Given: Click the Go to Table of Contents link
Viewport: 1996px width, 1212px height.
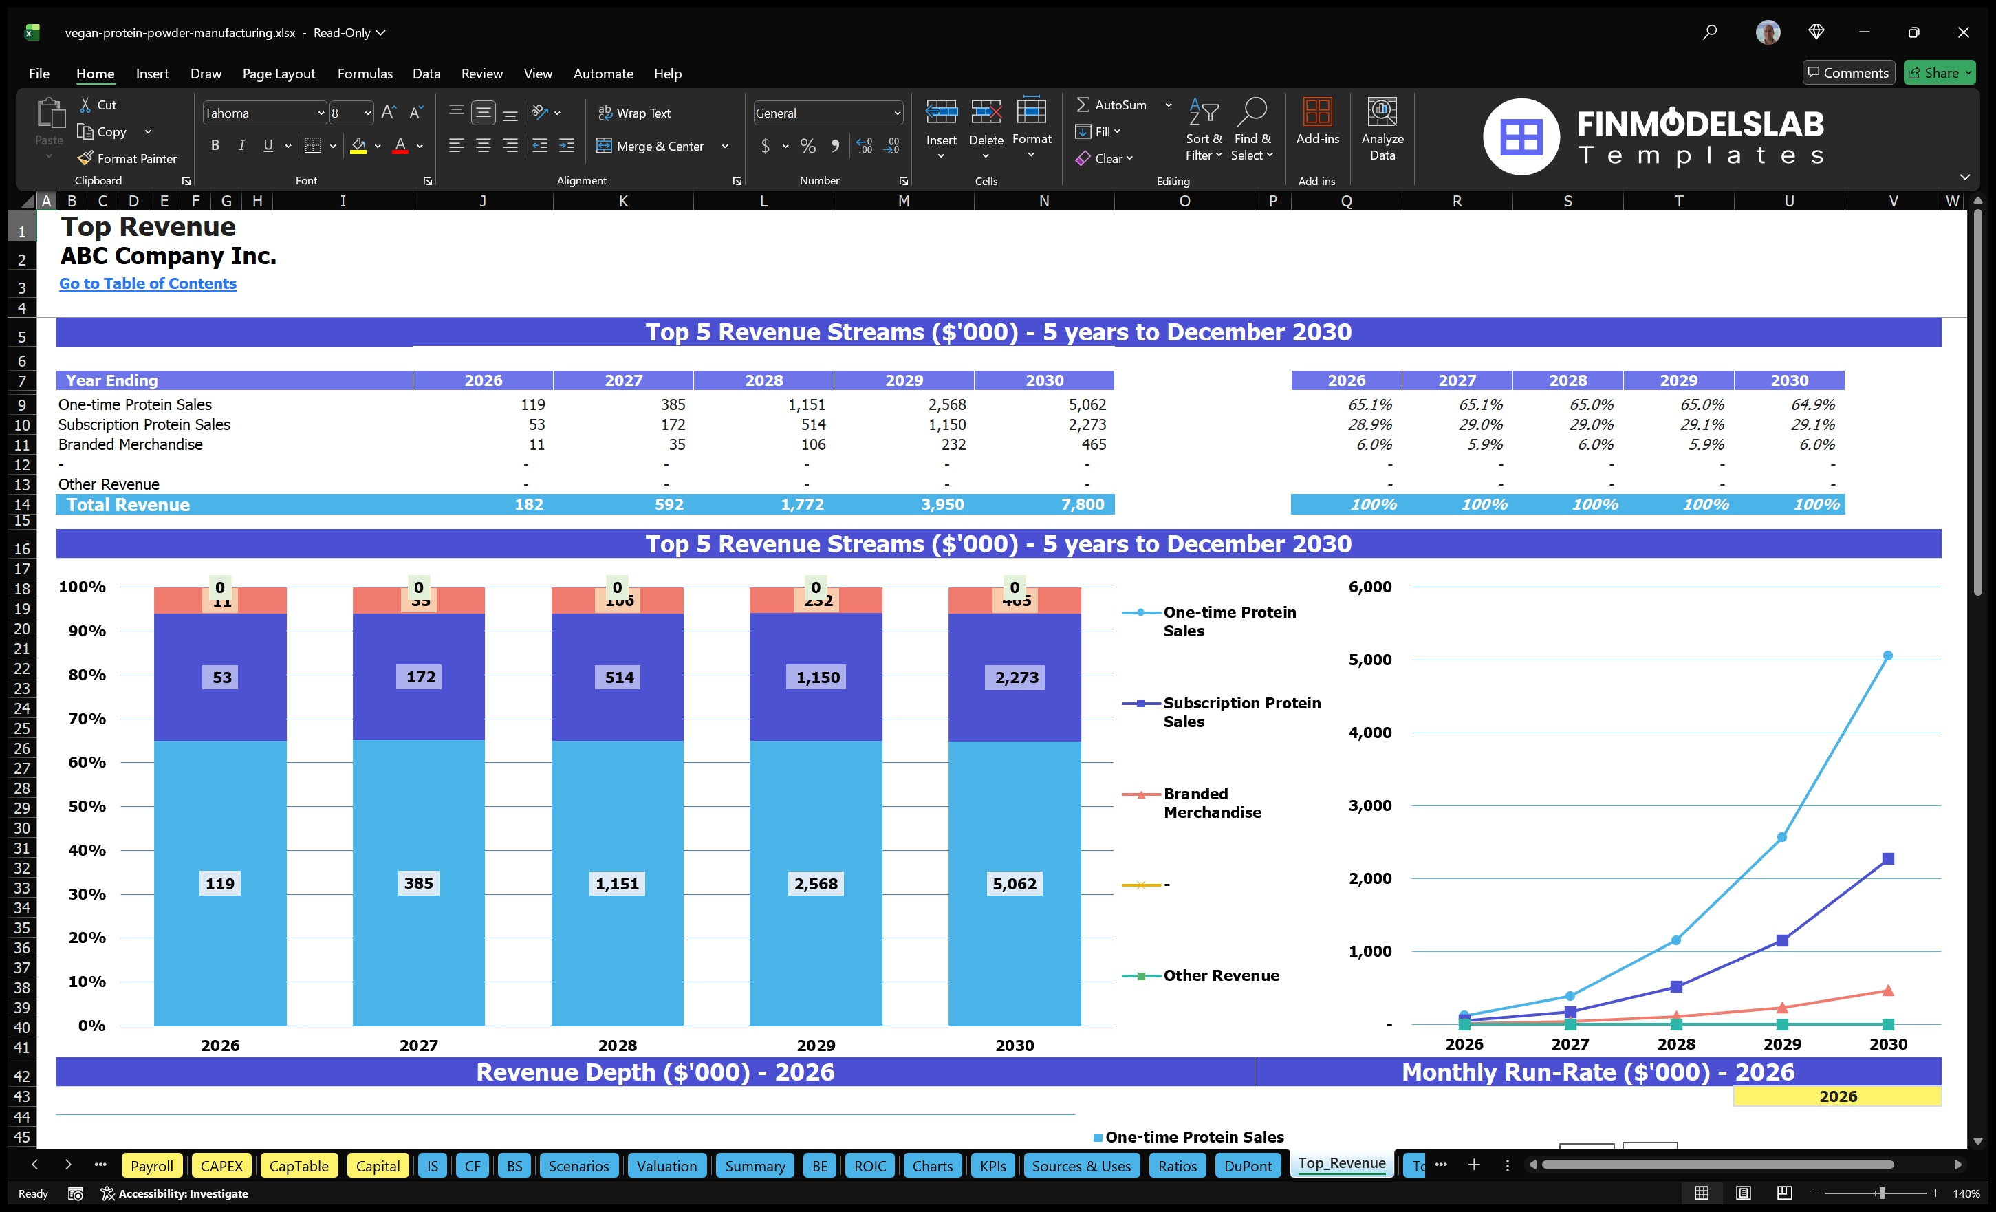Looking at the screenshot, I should (x=147, y=283).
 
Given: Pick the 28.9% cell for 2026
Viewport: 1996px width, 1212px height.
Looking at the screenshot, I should (x=1369, y=424).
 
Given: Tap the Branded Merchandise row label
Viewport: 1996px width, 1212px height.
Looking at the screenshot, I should (x=131, y=444).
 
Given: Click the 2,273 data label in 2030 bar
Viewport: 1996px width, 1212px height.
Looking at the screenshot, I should (x=1016, y=678).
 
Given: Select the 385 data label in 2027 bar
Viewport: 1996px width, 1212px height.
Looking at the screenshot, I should (x=418, y=883).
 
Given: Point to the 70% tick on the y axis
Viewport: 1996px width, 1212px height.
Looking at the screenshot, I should (x=87, y=719).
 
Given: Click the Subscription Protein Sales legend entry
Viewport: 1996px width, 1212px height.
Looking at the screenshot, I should (x=1241, y=712).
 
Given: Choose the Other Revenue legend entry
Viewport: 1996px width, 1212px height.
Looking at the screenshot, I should (x=1220, y=975).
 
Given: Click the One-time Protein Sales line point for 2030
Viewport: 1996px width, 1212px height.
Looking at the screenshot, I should (x=1887, y=656).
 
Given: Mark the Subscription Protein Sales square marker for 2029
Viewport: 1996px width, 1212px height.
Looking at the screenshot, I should (x=1782, y=940).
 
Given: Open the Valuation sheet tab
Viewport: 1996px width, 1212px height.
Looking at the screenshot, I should (x=666, y=1166).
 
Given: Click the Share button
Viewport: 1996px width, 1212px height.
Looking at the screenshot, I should (x=1938, y=73).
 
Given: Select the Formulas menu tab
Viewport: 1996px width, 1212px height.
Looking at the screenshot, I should (x=365, y=74).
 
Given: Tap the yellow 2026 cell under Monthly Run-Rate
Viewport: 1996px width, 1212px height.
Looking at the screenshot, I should (x=1837, y=1096).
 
